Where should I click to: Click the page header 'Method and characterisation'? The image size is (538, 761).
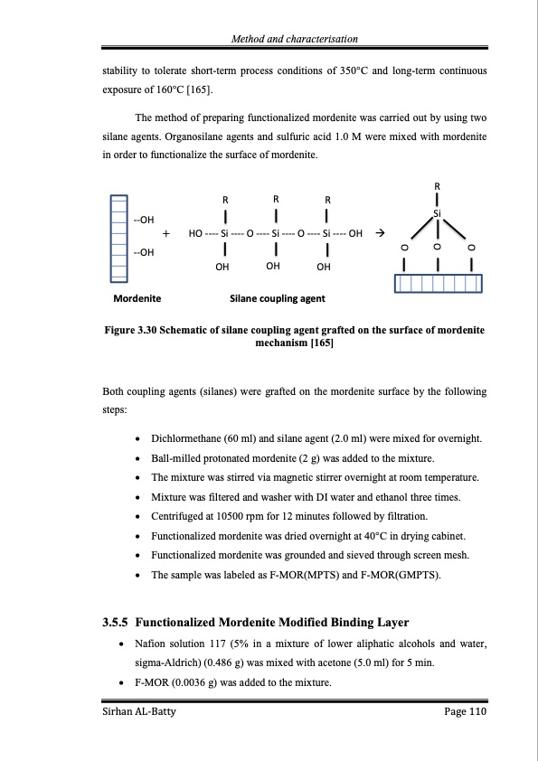[294, 39]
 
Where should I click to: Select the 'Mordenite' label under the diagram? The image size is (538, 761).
[137, 297]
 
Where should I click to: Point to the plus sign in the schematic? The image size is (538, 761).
[166, 233]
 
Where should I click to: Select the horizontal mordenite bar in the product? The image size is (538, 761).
[439, 284]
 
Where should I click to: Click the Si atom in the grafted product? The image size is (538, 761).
[438, 213]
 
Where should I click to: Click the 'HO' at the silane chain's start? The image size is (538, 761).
[194, 233]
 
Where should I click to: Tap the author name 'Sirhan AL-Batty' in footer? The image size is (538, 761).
[137, 713]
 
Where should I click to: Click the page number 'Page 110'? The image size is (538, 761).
[465, 713]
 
